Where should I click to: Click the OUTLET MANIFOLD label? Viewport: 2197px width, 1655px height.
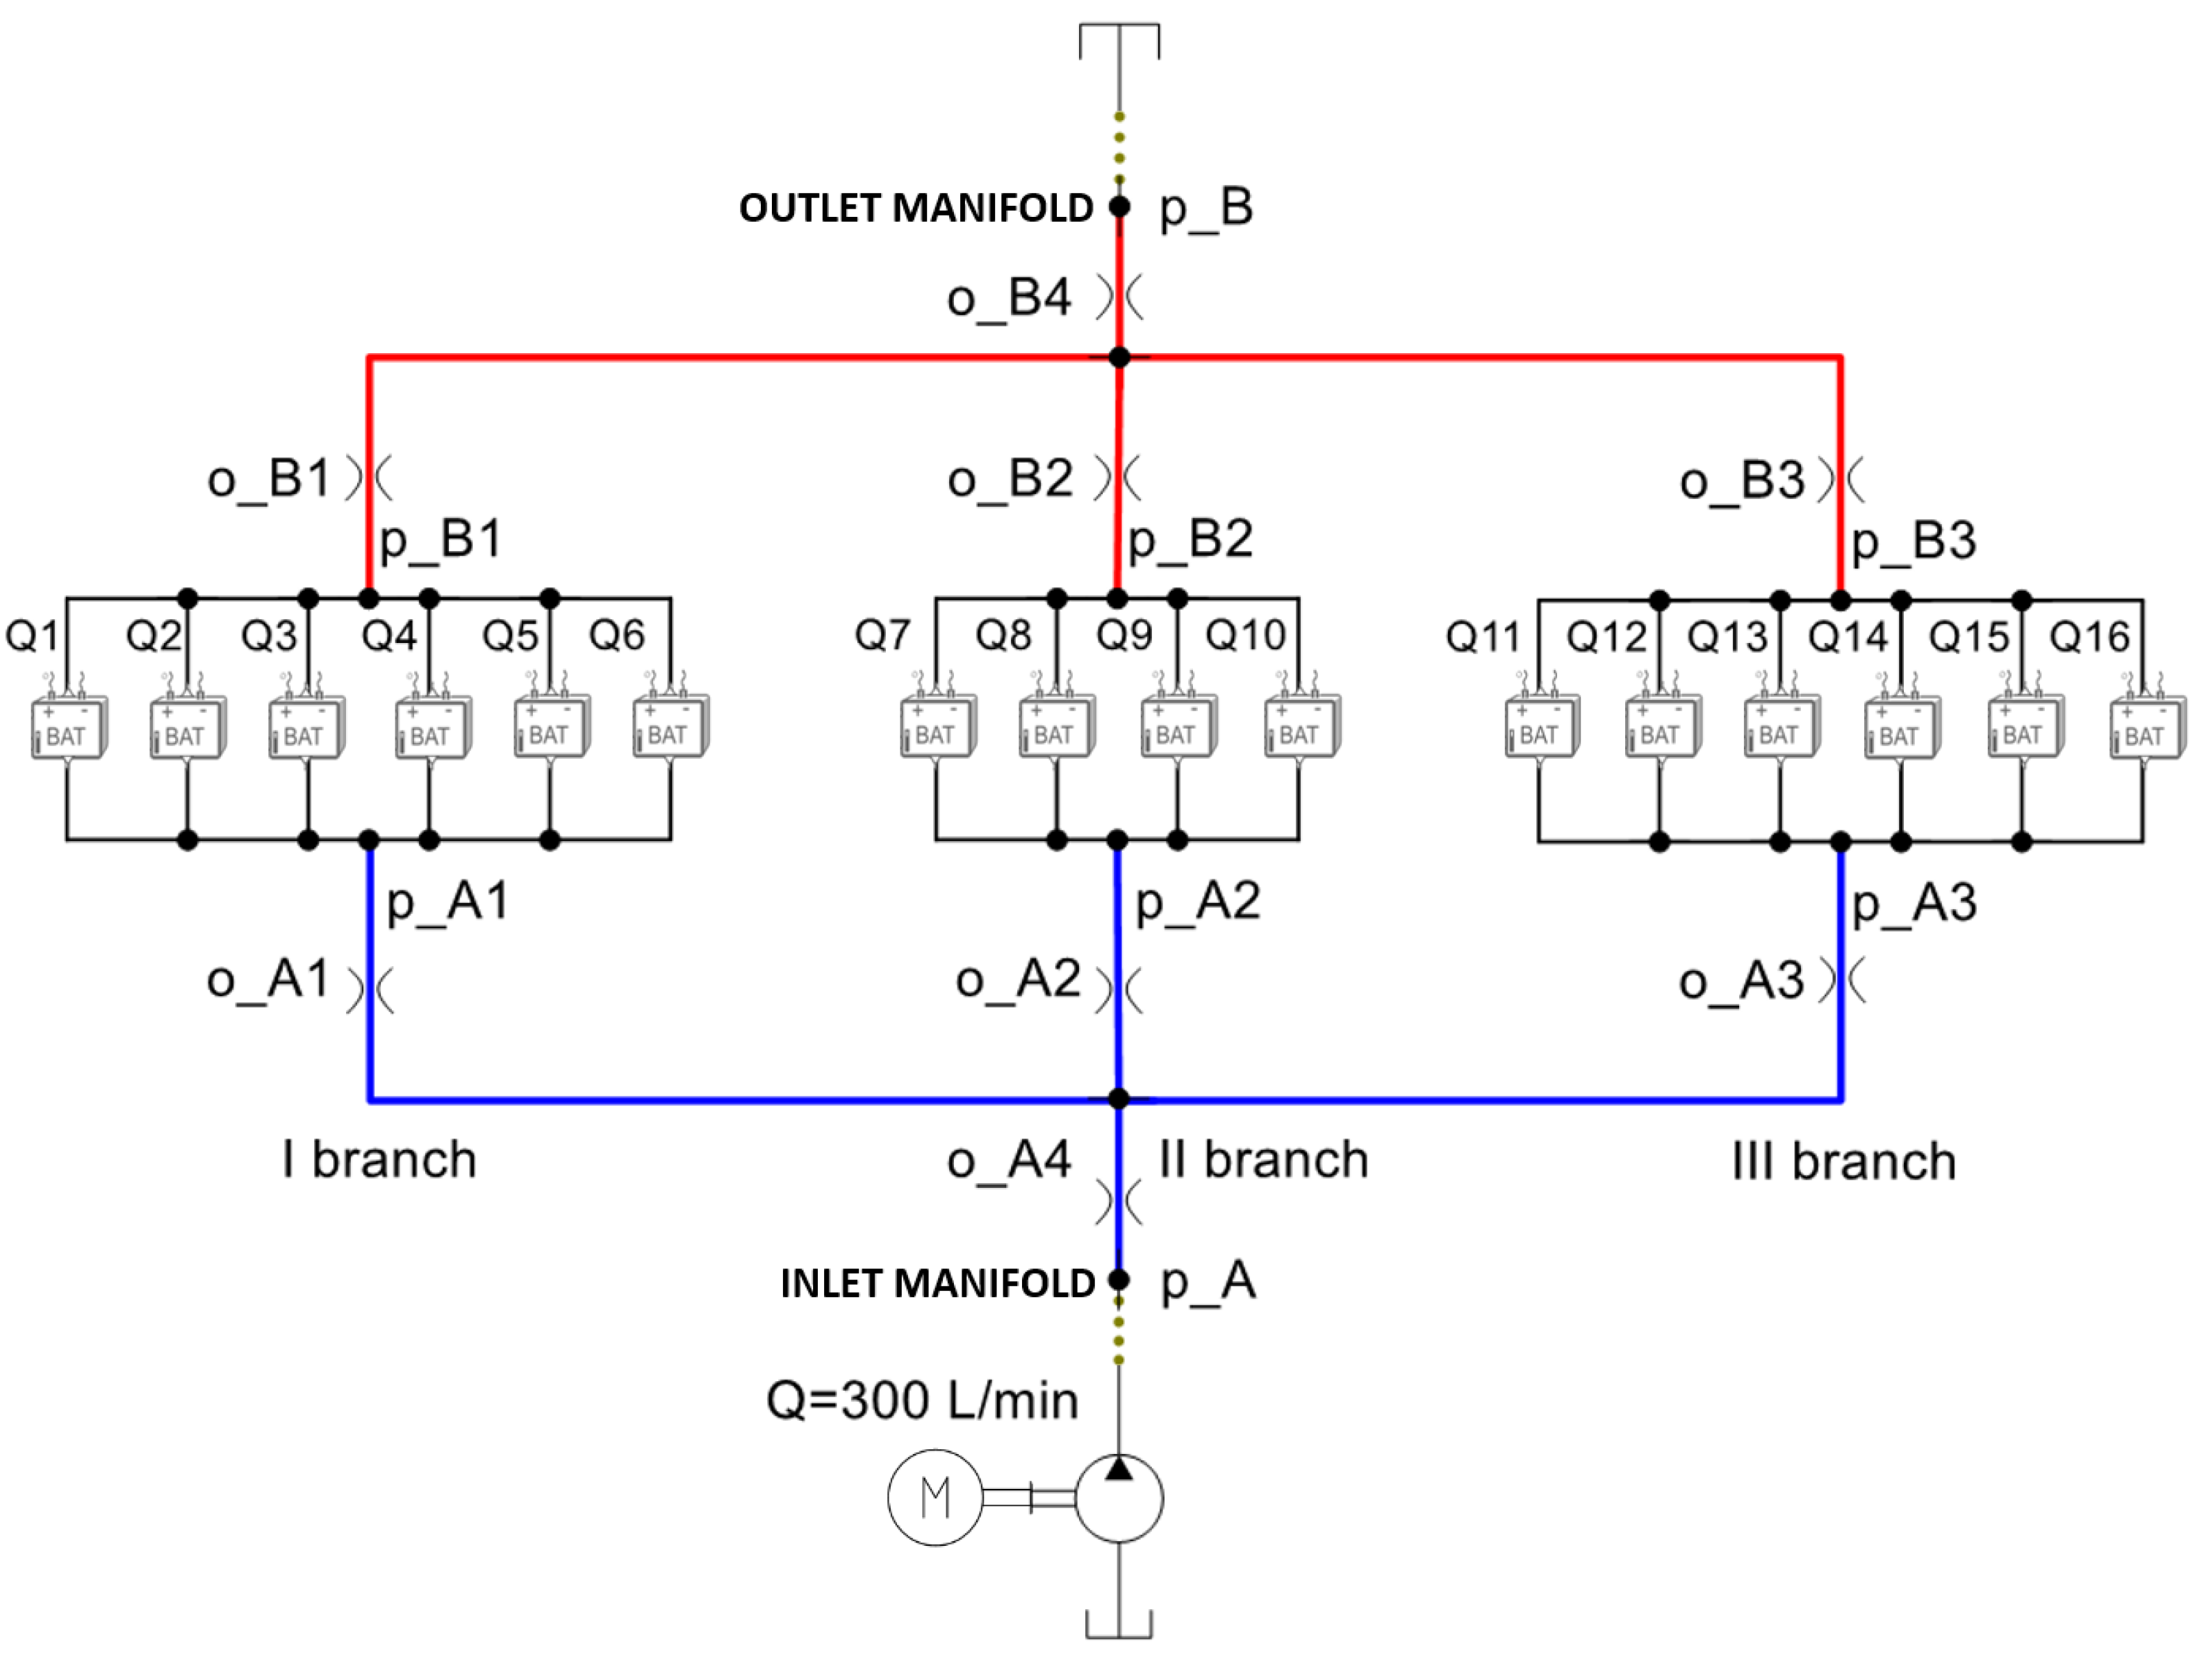tap(915, 208)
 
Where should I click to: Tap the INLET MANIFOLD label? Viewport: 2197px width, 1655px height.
tap(937, 1282)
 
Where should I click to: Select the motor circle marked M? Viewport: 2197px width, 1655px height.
tap(935, 1497)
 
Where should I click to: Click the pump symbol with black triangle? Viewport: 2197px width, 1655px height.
tap(1119, 1497)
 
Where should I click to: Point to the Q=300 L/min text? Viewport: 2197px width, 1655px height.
tap(922, 1401)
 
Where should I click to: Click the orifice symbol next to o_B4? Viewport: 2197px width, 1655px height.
tap(1119, 297)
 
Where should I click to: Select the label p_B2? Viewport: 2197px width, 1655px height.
tap(1190, 539)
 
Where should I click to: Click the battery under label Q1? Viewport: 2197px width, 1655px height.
tap(67, 729)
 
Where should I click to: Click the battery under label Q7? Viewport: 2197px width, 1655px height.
tap(937, 729)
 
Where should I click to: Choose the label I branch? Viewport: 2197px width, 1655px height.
tap(379, 1159)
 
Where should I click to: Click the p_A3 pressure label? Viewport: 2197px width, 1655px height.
tap(1914, 903)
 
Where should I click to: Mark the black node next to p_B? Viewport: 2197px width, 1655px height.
tap(1119, 206)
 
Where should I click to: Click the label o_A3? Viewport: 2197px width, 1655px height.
tap(1741, 981)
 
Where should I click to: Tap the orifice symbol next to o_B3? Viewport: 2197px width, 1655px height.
tap(1841, 479)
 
